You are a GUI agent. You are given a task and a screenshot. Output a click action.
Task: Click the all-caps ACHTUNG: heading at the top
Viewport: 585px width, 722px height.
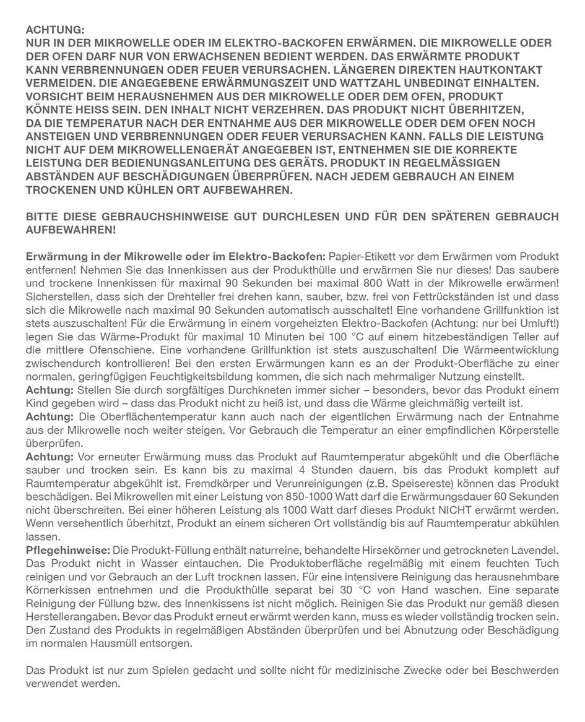click(55, 30)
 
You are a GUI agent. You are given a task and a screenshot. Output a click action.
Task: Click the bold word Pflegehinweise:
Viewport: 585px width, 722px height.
click(67, 550)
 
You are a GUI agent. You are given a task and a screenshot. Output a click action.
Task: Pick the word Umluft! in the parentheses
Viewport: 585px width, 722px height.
click(539, 323)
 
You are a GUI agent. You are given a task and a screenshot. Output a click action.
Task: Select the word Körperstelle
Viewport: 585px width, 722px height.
click(530, 431)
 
